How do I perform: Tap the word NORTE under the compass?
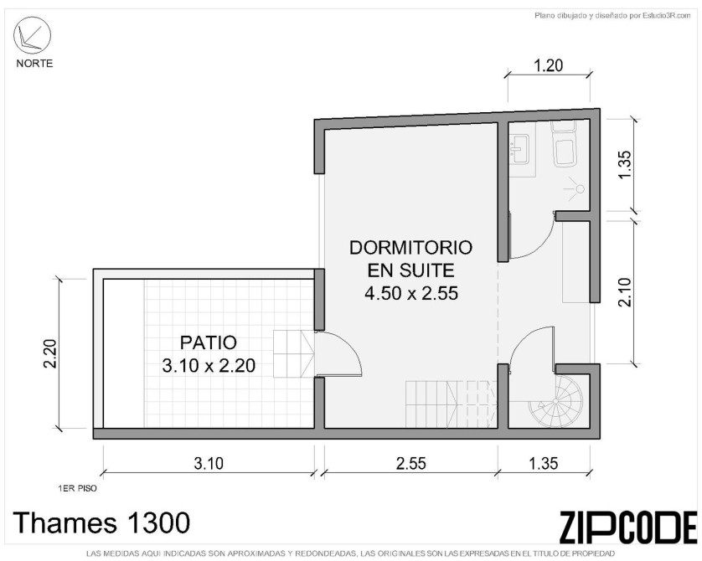(34, 64)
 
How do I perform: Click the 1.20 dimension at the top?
(549, 66)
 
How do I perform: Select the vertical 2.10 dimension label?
(625, 292)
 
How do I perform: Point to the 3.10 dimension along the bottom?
(209, 463)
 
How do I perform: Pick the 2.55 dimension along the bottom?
(411, 463)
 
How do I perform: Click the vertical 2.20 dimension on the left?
(49, 353)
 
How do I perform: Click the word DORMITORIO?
(410, 247)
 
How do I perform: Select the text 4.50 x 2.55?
(411, 293)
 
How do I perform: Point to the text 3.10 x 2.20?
(209, 366)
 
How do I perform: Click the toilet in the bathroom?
(563, 143)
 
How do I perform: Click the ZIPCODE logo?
(627, 527)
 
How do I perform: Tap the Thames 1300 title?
(101, 522)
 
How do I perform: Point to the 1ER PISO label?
(77, 488)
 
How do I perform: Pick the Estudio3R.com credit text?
(613, 16)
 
